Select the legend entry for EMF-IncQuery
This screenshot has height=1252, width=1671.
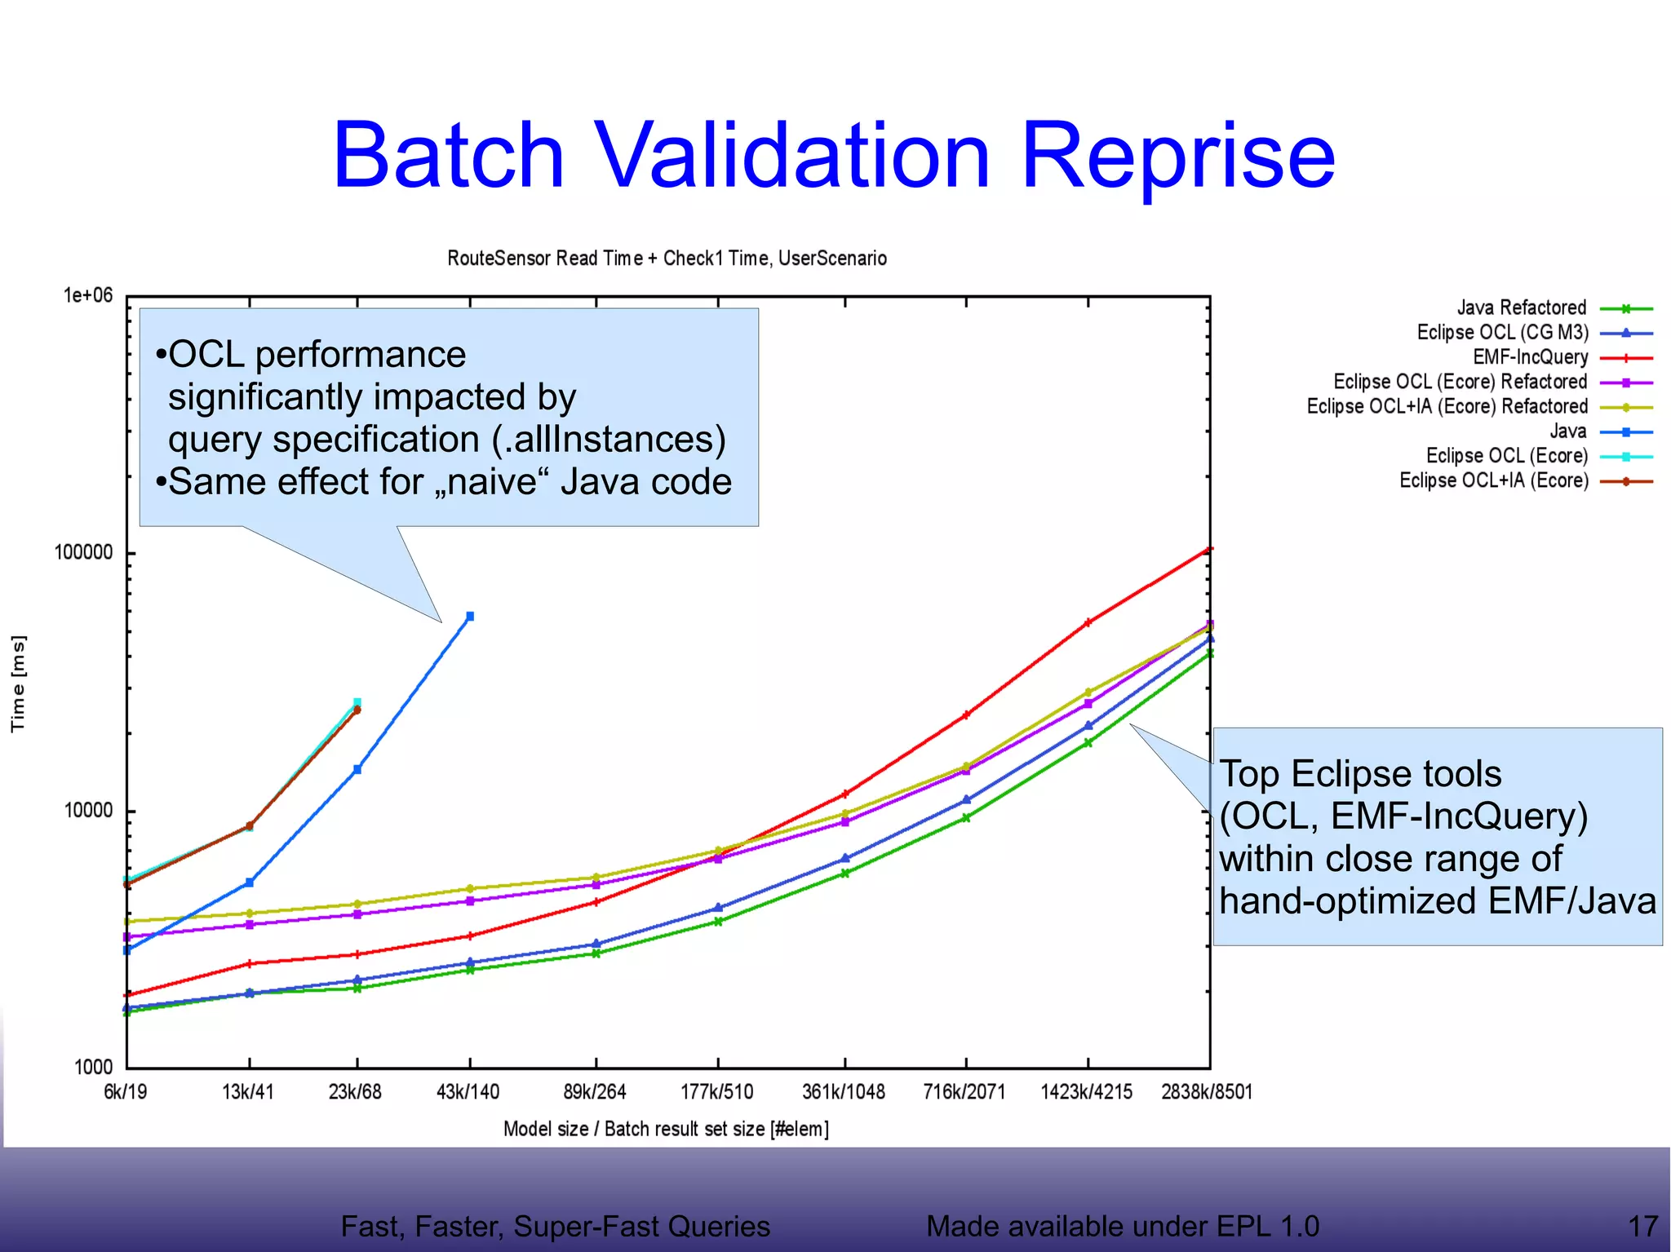pyautogui.click(x=1530, y=357)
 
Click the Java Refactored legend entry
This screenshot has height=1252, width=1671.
pyautogui.click(x=1522, y=308)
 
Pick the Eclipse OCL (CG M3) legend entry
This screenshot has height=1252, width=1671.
pyautogui.click(x=1502, y=333)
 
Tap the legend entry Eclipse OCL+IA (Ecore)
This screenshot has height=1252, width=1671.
pyautogui.click(x=1494, y=480)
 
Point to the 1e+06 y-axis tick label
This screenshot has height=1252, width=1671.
pyautogui.click(x=88, y=295)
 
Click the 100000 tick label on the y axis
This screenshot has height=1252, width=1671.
pyautogui.click(x=83, y=552)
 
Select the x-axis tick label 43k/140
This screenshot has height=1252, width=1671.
pyautogui.click(x=468, y=1091)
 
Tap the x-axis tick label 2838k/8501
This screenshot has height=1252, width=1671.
pyautogui.click(x=1207, y=1091)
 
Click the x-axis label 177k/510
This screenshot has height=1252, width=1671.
pyautogui.click(x=717, y=1091)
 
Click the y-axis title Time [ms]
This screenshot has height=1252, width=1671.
pyautogui.click(x=18, y=684)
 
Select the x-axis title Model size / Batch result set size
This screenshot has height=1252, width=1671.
pyautogui.click(x=666, y=1129)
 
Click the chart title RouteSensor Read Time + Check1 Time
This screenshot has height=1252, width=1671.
pyautogui.click(x=667, y=259)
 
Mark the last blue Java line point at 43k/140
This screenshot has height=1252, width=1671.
pyautogui.click(x=470, y=617)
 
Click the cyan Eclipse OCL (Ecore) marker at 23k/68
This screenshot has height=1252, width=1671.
pyautogui.click(x=357, y=702)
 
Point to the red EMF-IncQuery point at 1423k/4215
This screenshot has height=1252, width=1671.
pyautogui.click(x=1088, y=623)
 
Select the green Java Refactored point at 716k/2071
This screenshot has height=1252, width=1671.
pyautogui.click(x=966, y=817)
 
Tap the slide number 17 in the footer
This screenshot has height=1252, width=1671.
pyautogui.click(x=1642, y=1226)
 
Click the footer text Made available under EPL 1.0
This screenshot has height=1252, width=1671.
pyautogui.click(x=1123, y=1226)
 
